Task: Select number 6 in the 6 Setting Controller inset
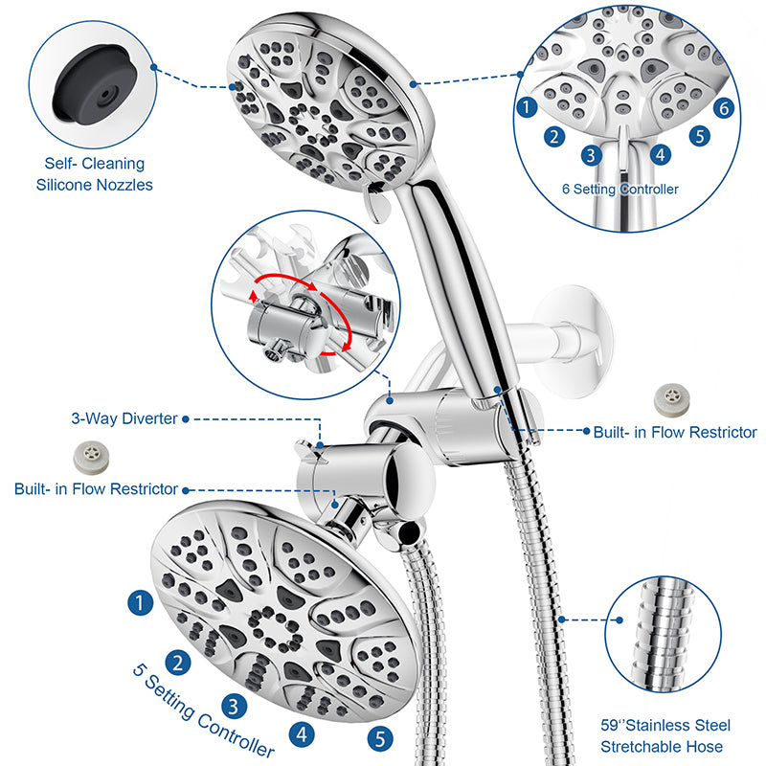tap(724, 109)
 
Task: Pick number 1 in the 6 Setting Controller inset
tap(526, 107)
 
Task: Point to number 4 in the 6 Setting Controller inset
tap(660, 153)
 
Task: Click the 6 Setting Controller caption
tap(620, 190)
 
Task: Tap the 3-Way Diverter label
tap(123, 418)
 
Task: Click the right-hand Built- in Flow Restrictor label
tap(674, 433)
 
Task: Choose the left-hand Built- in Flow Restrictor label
tap(96, 489)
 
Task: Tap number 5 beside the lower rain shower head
tap(379, 738)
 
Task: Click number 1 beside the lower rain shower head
tap(140, 603)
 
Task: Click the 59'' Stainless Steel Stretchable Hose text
tap(661, 736)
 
